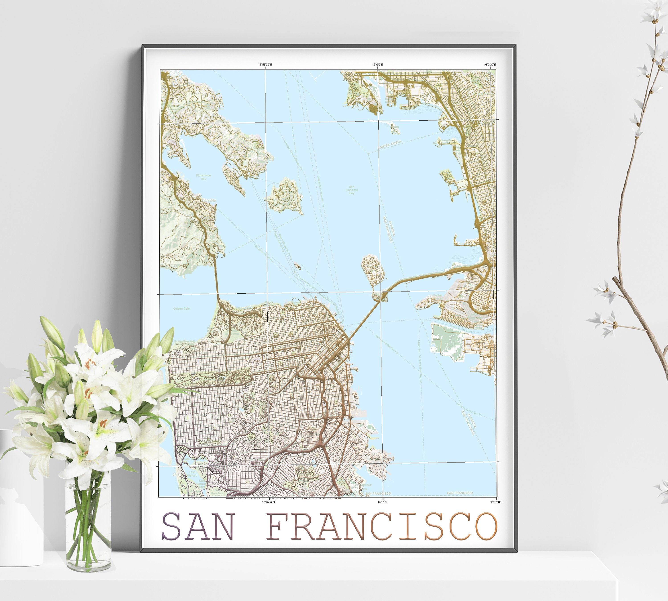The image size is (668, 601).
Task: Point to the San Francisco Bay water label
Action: [352, 190]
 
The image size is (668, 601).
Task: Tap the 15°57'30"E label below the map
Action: [269, 502]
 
